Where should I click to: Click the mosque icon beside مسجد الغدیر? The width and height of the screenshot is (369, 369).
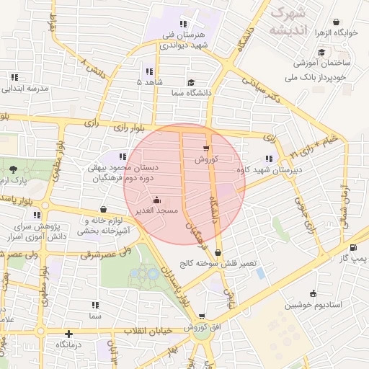click(157, 200)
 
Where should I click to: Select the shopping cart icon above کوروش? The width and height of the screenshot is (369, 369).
click(206, 149)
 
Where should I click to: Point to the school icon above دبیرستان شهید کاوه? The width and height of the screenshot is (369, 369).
click(269, 159)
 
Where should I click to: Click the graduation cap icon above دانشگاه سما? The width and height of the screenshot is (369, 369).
click(190, 82)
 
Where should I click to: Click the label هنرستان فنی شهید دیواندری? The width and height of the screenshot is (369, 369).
click(182, 40)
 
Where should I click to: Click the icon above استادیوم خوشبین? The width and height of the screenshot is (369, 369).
click(313, 293)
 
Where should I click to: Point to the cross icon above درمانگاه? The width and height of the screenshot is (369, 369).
click(68, 334)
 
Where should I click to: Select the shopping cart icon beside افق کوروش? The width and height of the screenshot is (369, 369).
click(202, 316)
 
